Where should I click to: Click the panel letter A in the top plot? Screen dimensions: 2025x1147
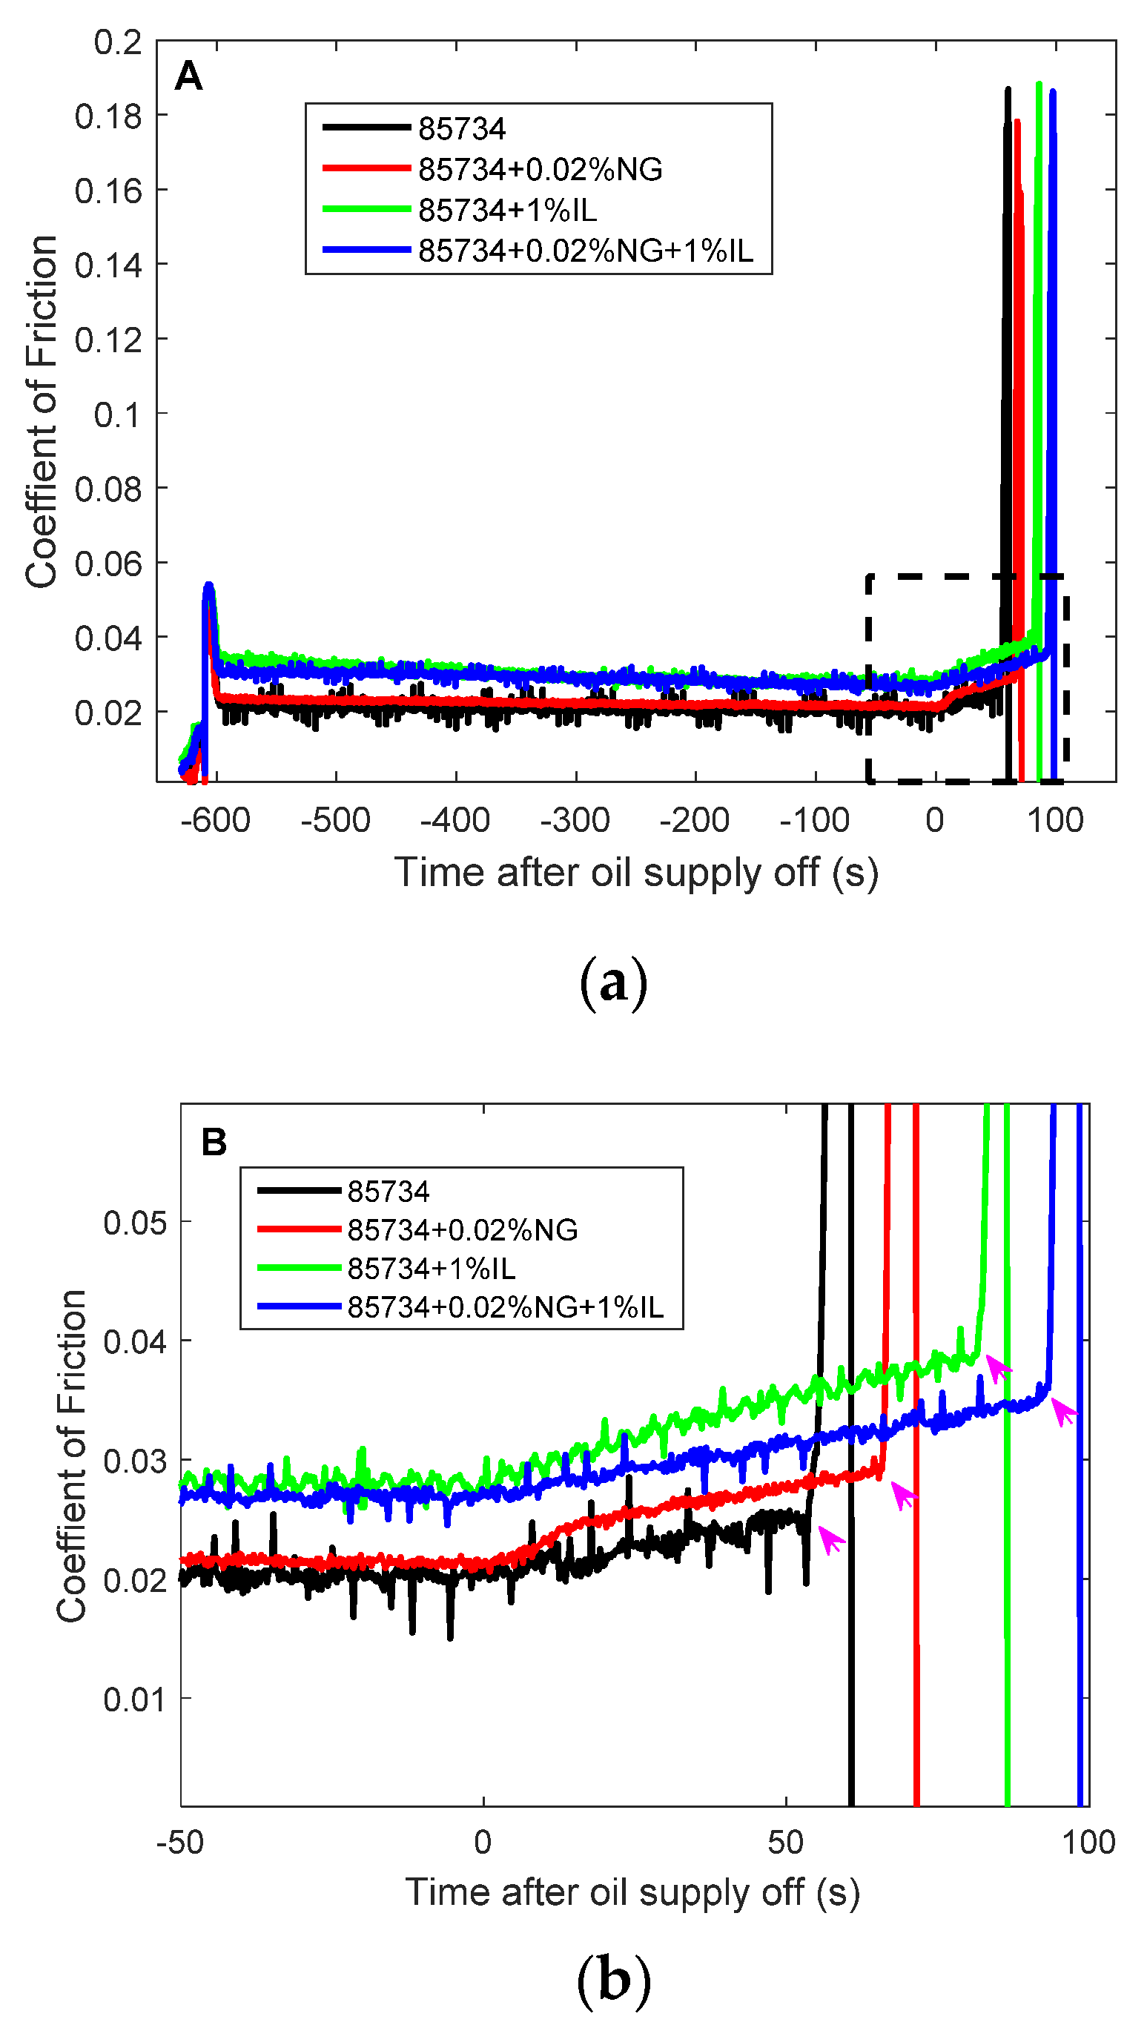188,76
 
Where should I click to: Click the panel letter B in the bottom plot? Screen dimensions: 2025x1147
214,1141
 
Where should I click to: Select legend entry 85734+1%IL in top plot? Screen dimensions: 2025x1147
507,211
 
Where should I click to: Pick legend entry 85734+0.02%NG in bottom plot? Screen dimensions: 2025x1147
463,1229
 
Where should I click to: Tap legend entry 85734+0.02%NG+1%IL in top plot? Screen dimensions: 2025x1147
585,251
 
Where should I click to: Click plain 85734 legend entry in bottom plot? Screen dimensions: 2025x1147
389,1191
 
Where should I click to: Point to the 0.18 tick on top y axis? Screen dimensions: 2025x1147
108,116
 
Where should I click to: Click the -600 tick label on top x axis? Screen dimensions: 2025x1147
215,820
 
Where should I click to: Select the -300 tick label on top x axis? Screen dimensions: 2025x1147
575,820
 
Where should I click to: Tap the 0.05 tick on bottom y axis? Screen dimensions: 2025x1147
135,1223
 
